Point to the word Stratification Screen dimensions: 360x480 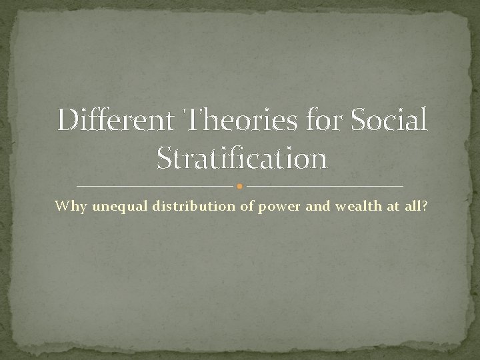tap(241, 159)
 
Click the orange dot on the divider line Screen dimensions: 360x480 tap(239, 186)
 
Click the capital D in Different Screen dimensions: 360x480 tap(67, 121)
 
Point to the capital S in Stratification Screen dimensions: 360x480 tap(164, 159)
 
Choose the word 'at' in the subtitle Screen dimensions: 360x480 tap(392, 207)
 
